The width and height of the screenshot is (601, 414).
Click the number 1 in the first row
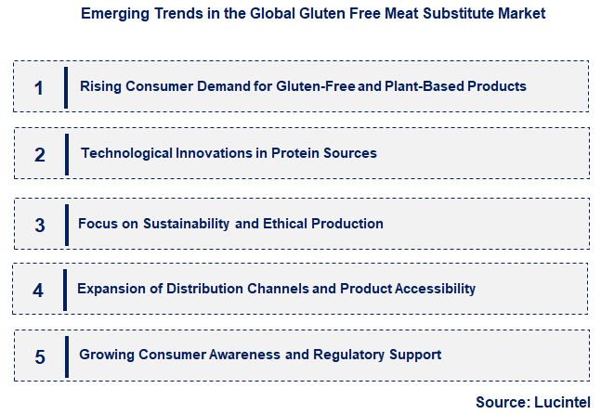pos(39,88)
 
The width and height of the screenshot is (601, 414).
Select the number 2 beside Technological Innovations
pos(40,155)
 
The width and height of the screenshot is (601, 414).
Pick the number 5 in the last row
pos(39,356)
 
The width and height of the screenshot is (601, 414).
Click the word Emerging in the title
pos(112,14)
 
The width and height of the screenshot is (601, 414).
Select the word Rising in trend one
pos(99,86)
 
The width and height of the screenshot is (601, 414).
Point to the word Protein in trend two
pos(295,153)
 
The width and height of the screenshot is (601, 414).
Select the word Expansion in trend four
pos(110,289)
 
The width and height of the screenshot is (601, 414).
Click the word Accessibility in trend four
pos(436,289)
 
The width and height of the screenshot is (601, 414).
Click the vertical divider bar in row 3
pos(66,225)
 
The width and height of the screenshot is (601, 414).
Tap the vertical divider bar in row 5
pos(66,356)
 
